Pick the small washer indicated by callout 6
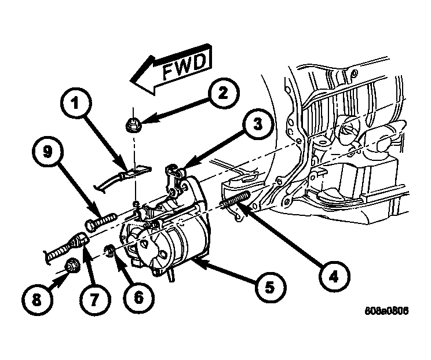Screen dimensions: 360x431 click(108, 251)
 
